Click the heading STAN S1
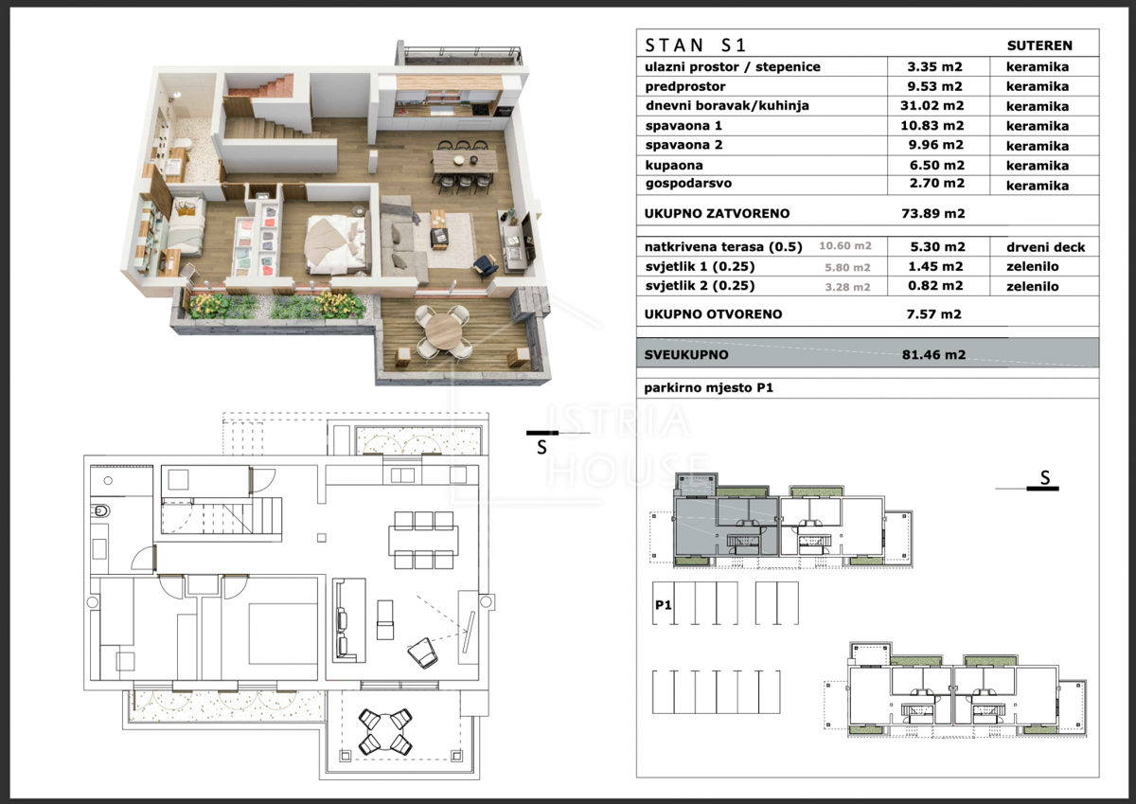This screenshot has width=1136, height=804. pos(695,45)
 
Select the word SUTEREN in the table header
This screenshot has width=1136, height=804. pos(1039,45)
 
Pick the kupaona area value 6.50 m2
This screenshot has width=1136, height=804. pos(936,165)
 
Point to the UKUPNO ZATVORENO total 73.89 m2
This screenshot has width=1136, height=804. pos(933,213)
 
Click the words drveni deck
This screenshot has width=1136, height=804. pos(1046,247)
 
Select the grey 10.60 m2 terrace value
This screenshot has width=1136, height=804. pos(845,246)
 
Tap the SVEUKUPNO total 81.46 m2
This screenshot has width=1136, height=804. pos(933,354)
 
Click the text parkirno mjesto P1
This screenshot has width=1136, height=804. pos(708,388)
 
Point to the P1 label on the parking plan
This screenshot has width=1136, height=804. pos(664,605)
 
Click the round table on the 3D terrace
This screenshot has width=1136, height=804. pos(443,331)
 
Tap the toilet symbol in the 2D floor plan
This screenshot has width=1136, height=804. pos(100,511)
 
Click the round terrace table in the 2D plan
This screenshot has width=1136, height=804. pos(385,731)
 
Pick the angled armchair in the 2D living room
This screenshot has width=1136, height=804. pos(422,652)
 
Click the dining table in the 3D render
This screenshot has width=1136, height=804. pos(464,162)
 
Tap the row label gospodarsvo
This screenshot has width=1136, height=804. pos(688,184)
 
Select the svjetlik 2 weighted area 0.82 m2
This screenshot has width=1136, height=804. pos(935,286)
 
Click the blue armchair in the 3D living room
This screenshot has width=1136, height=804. pos(485,266)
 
